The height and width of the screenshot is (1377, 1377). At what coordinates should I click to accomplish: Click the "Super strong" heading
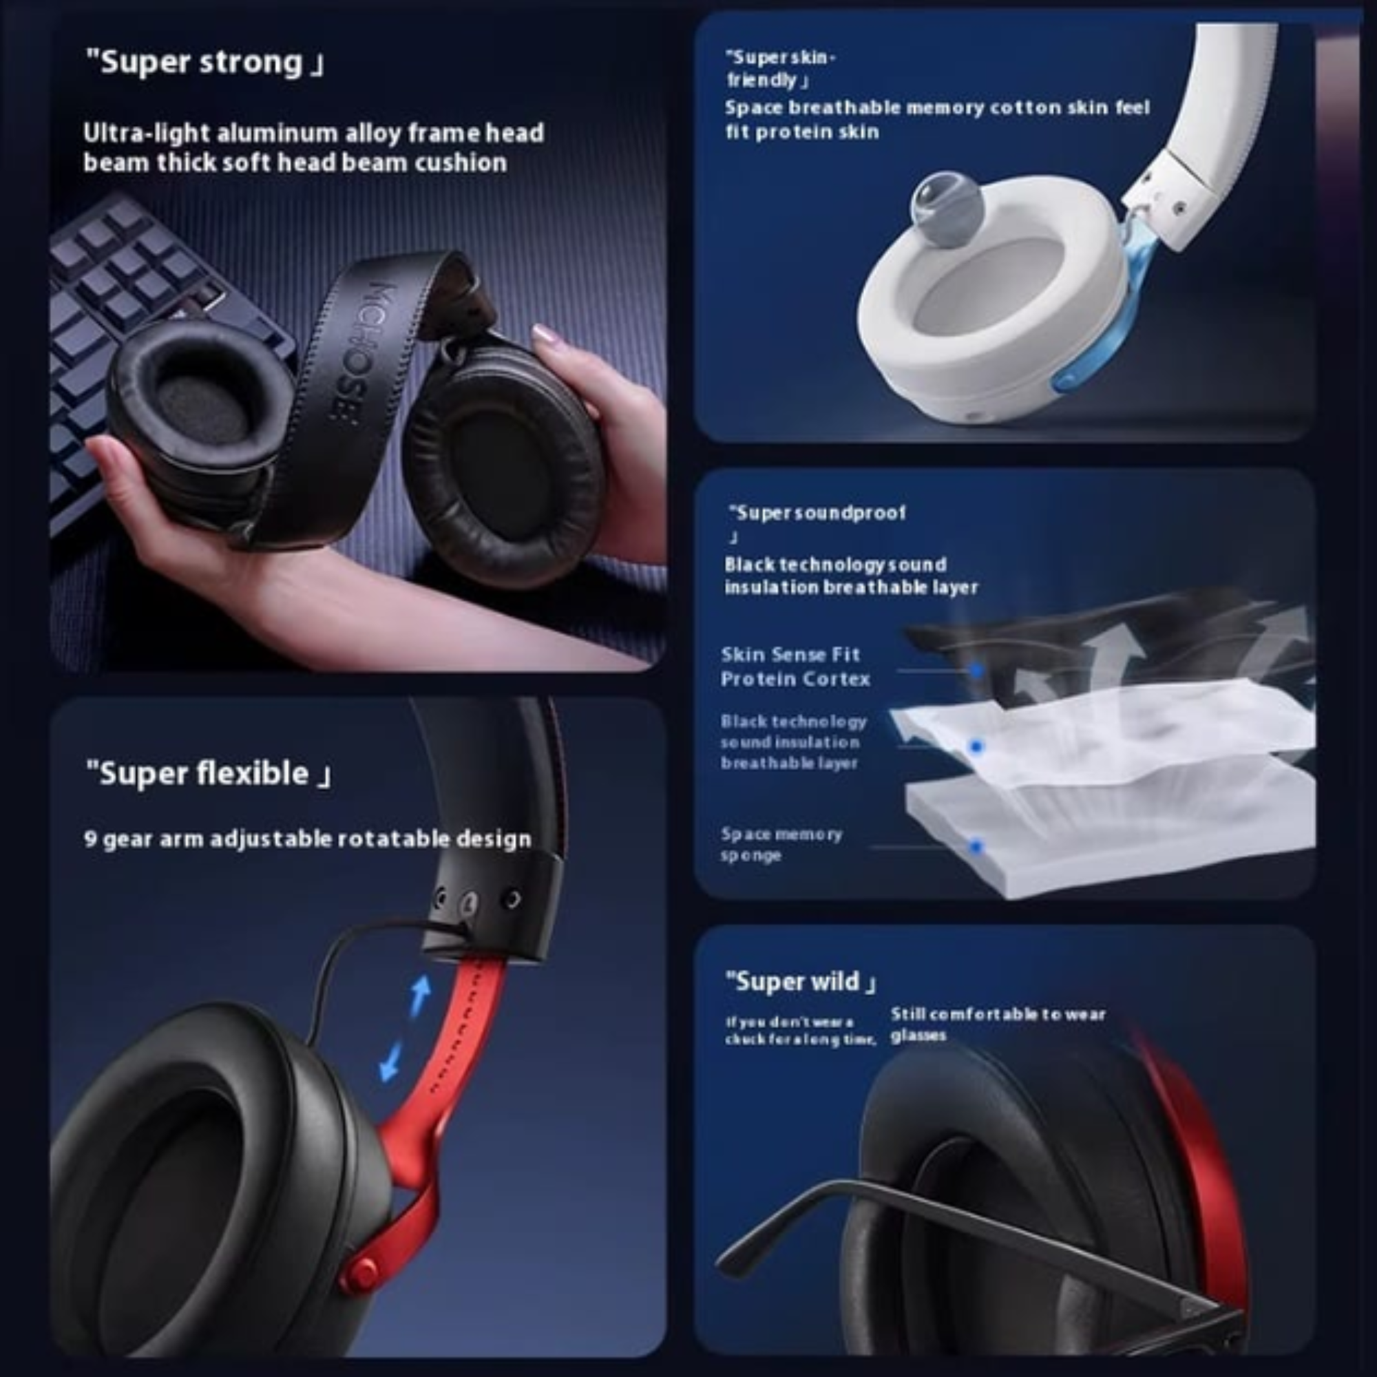[205, 63]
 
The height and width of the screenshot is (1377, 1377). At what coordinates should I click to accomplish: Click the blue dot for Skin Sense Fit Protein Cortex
[976, 670]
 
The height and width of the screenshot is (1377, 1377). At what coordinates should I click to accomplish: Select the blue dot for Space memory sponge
[976, 847]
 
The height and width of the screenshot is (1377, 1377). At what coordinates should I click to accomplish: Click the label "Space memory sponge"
[781, 844]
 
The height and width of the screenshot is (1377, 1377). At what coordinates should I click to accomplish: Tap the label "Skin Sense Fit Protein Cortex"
[794, 666]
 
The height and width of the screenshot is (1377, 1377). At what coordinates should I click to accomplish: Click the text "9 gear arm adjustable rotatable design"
[307, 839]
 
